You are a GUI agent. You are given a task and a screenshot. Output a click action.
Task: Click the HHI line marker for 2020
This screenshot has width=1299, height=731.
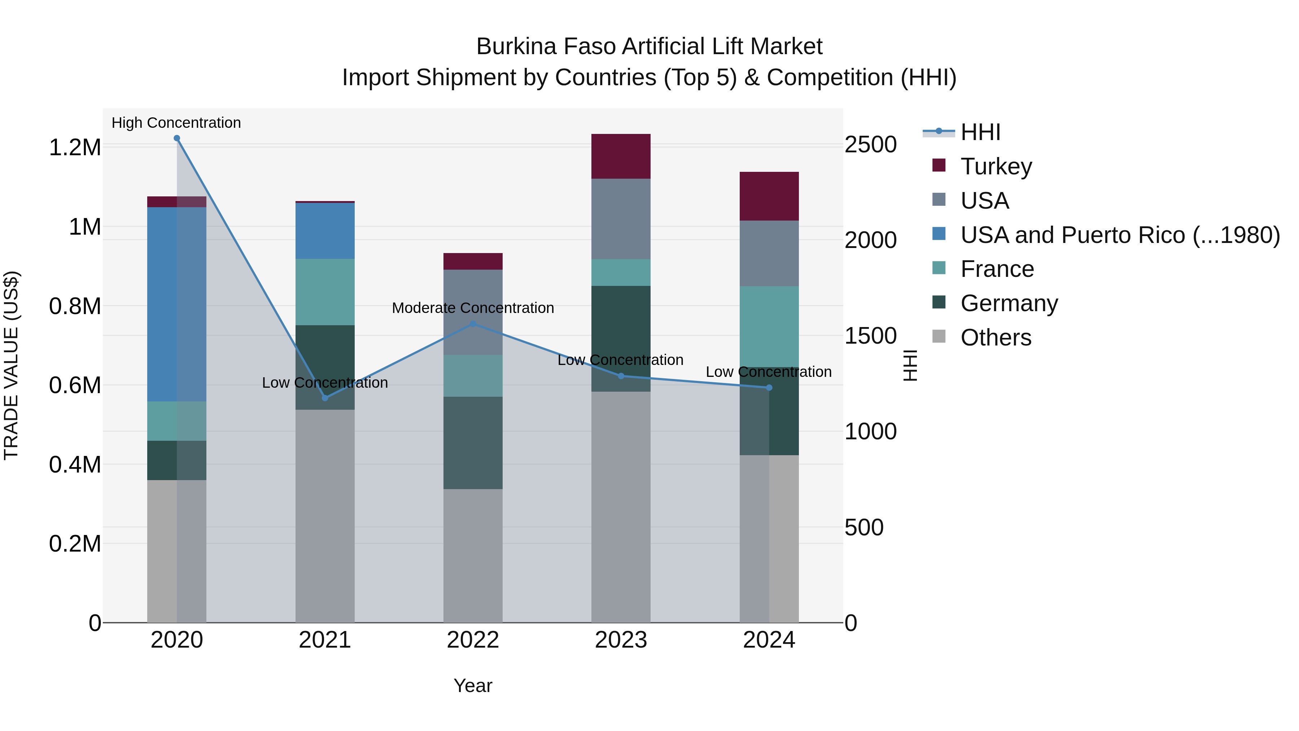tap(176, 138)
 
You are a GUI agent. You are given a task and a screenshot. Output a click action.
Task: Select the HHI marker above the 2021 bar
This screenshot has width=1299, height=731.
tap(325, 398)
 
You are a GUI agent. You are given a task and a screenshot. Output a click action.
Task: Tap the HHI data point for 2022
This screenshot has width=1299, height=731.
tap(472, 324)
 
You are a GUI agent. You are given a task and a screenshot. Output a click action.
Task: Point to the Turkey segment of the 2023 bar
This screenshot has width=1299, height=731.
tap(621, 156)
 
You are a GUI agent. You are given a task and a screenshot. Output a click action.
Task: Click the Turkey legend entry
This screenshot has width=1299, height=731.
tap(996, 166)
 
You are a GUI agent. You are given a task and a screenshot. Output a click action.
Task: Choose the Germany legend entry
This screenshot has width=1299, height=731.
tap(1009, 303)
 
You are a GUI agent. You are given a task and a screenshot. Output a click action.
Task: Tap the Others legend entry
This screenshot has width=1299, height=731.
tap(996, 338)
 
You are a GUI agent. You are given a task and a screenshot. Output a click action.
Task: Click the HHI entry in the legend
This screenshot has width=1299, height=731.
tap(980, 132)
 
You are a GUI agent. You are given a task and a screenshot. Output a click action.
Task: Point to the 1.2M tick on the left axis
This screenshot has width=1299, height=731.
tap(75, 147)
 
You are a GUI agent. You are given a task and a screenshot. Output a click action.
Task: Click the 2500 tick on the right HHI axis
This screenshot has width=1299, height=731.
tap(870, 145)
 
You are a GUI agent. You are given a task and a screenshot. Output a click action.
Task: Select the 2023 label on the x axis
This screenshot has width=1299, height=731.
tap(621, 640)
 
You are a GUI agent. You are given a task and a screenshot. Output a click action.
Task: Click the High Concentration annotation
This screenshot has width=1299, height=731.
tap(176, 123)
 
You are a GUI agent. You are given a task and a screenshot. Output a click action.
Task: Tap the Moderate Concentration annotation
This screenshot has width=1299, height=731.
tap(472, 308)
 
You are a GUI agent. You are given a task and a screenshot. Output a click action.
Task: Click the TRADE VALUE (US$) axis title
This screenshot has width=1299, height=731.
tap(11, 365)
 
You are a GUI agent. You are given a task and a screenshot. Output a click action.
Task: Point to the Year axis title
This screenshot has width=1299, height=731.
tap(472, 686)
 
